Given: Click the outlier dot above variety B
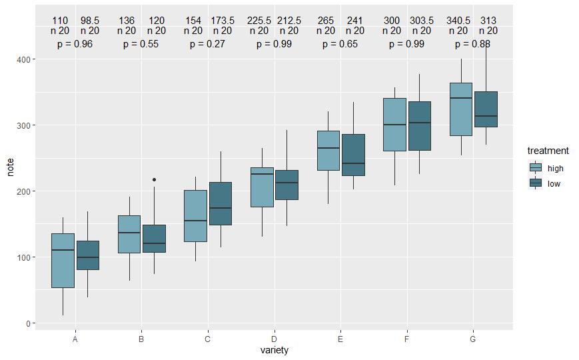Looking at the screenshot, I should coord(155,179).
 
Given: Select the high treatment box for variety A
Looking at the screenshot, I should coord(63,261).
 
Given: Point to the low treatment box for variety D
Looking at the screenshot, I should coord(287,175).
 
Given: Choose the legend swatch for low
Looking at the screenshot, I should coord(536,183).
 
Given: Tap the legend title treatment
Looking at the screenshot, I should coord(548,151).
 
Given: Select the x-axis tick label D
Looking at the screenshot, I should coord(274,339).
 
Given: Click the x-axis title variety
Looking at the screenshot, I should coord(274,350).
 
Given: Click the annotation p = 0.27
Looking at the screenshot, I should coord(207,44).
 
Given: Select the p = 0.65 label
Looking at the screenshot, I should coord(340,44).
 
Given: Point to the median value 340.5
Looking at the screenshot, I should coord(458,21).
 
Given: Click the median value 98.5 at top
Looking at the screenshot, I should coord(89,21).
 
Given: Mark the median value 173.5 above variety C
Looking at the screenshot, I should coord(223,21).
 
